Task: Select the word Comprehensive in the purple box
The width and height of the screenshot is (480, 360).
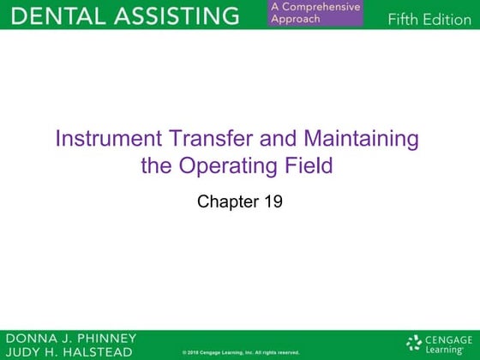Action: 320,8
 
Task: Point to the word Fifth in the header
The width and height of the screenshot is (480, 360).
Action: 405,21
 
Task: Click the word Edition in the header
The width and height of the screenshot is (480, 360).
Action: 448,21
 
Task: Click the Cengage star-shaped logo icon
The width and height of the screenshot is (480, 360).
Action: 415,344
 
